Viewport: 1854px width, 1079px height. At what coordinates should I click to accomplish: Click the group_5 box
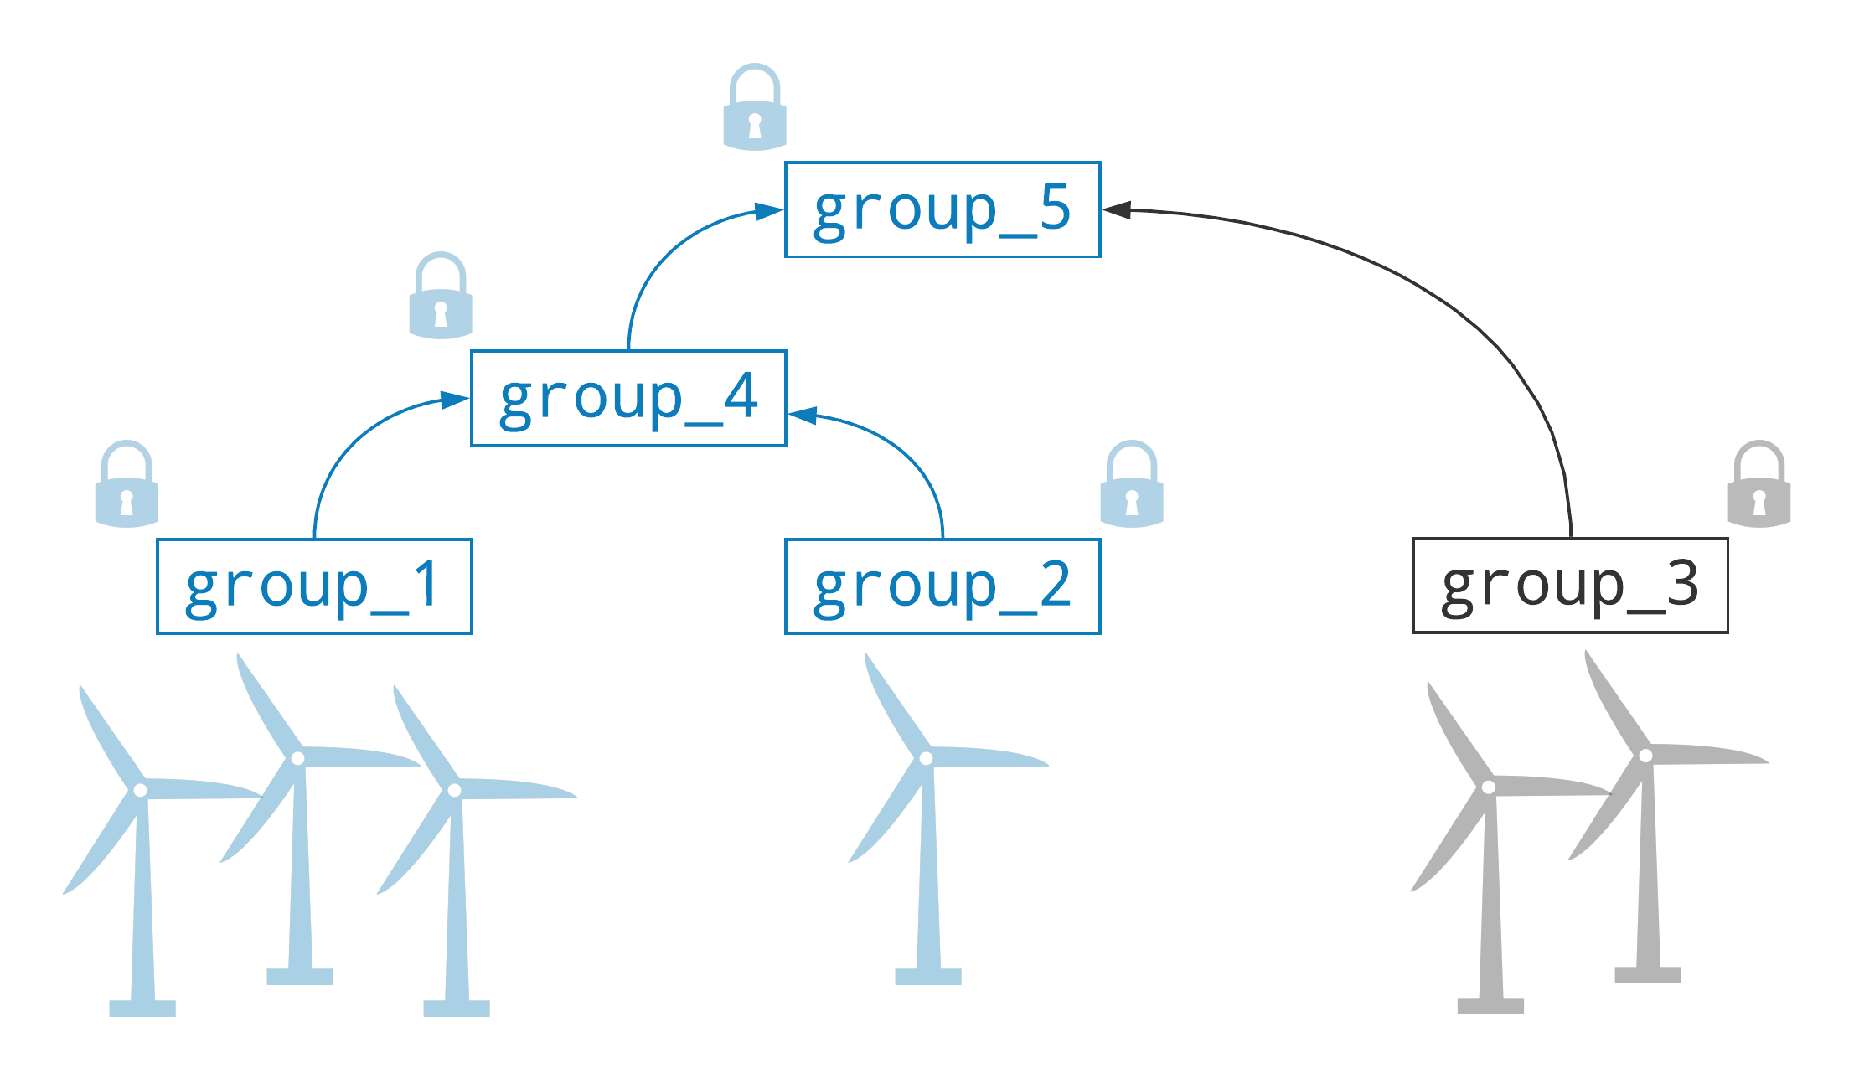click(x=942, y=209)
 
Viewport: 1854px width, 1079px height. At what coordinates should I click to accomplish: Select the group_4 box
click(x=628, y=398)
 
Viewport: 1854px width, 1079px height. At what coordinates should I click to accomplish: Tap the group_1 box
click(x=314, y=586)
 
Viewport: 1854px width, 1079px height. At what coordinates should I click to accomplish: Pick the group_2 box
click(x=942, y=586)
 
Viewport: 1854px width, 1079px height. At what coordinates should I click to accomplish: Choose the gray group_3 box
click(x=1570, y=586)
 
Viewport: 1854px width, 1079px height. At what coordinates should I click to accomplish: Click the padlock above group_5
click(x=755, y=108)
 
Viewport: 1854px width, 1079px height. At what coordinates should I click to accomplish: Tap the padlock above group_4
click(x=441, y=297)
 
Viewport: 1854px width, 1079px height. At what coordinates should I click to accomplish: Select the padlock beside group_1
click(x=127, y=485)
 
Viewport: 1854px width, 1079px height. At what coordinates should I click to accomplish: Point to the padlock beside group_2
click(x=1132, y=485)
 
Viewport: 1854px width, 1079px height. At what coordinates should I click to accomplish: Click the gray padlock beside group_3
click(x=1759, y=485)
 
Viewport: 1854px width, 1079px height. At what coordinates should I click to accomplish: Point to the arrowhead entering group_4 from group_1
click(x=457, y=400)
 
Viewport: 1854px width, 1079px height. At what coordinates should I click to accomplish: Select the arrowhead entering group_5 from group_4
click(x=770, y=211)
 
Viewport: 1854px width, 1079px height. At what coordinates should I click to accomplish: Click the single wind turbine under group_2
click(x=928, y=821)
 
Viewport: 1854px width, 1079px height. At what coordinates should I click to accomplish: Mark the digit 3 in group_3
click(x=1682, y=584)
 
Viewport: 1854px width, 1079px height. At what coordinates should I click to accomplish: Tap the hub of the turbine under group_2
click(x=926, y=758)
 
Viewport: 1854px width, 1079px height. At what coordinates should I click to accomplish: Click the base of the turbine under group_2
click(x=928, y=976)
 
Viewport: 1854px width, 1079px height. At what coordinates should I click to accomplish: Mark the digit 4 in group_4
click(x=741, y=396)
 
